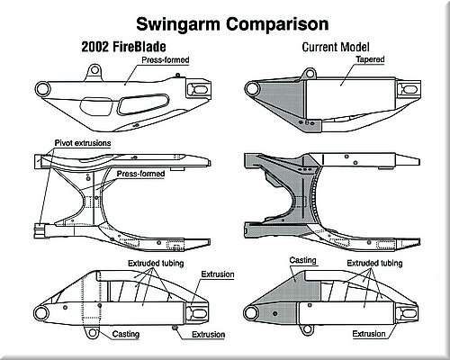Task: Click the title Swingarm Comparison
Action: click(x=232, y=24)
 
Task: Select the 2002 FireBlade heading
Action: click(x=123, y=47)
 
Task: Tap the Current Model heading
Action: click(x=336, y=47)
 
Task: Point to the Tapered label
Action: click(x=370, y=59)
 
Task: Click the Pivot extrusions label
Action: click(x=83, y=143)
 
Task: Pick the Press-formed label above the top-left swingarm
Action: click(x=166, y=60)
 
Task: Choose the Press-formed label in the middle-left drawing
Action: click(x=140, y=174)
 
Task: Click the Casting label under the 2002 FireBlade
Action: click(x=126, y=334)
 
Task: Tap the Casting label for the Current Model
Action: click(x=303, y=260)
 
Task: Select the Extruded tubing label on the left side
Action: click(x=156, y=264)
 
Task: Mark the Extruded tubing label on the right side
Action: click(x=374, y=263)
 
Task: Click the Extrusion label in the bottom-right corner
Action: click(x=369, y=334)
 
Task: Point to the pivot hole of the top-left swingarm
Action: click(x=42, y=89)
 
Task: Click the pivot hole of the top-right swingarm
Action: click(x=252, y=89)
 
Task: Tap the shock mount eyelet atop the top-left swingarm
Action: click(x=94, y=70)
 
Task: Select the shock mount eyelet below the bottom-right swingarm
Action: click(x=307, y=329)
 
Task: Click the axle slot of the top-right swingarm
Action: click(x=409, y=89)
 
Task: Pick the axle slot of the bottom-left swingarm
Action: click(x=198, y=313)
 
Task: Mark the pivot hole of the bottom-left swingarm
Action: click(x=40, y=313)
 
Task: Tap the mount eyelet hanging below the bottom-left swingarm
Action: click(x=91, y=332)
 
